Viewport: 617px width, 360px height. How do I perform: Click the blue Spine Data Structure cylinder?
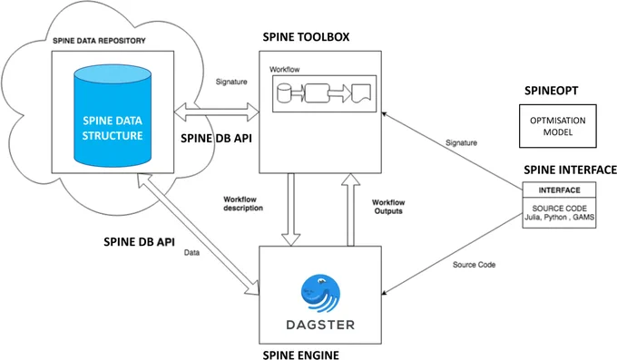(113, 116)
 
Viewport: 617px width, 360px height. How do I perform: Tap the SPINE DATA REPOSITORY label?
(99, 41)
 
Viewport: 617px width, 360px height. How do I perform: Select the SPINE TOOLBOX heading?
(306, 37)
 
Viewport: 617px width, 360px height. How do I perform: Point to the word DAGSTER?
(320, 325)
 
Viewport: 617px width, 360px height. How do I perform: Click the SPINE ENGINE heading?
(301, 355)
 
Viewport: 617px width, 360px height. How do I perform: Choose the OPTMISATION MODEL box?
(558, 126)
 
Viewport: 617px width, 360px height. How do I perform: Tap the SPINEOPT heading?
(552, 91)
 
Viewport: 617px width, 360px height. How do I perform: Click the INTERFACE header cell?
(559, 190)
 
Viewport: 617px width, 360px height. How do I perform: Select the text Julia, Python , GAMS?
(559, 218)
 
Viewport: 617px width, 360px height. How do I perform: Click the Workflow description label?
(243, 203)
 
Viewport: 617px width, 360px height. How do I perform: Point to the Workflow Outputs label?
(388, 207)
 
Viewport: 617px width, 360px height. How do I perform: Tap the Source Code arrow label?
(474, 265)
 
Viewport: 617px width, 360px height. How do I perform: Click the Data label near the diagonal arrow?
(191, 253)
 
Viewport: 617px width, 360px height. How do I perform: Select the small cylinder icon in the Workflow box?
(284, 93)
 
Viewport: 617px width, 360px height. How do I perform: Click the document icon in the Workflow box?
(361, 93)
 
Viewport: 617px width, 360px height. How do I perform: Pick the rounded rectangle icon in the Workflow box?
(318, 93)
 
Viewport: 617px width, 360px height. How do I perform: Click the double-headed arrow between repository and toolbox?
(217, 112)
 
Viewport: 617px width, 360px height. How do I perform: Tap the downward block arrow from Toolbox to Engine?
(290, 209)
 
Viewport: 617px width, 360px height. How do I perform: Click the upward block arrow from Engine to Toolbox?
(350, 209)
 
